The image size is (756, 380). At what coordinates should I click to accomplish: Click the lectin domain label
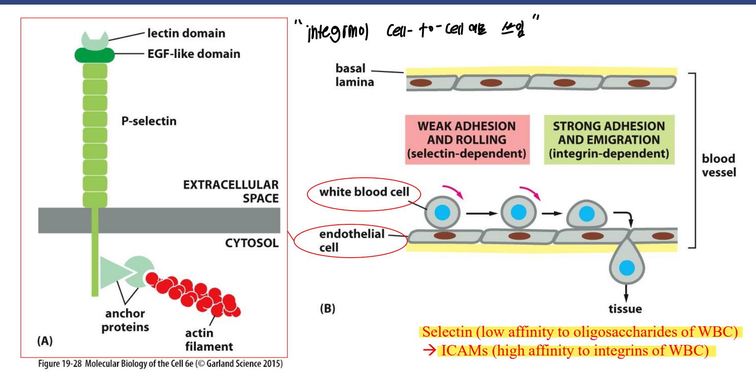186,33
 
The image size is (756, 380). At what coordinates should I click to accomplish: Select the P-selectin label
149,121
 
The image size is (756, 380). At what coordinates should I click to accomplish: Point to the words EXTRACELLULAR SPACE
231,191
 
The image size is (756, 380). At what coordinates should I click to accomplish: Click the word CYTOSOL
252,243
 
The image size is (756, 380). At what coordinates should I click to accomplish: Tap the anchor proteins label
125,320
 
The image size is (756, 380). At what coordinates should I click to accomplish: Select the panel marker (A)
45,341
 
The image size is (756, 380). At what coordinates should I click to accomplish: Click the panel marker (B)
327,309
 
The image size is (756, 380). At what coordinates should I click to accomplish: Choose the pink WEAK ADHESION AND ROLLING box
467,139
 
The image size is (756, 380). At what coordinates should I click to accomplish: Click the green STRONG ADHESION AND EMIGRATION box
609,139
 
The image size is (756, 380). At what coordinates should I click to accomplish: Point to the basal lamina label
354,75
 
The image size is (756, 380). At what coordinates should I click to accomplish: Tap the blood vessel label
719,165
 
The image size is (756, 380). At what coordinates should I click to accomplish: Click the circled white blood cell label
364,192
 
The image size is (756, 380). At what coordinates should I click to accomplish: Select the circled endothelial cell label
351,240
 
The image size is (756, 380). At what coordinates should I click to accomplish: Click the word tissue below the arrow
625,309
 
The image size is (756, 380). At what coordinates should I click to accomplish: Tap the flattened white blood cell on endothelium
586,215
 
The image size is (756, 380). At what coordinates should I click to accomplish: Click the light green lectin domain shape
95,40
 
